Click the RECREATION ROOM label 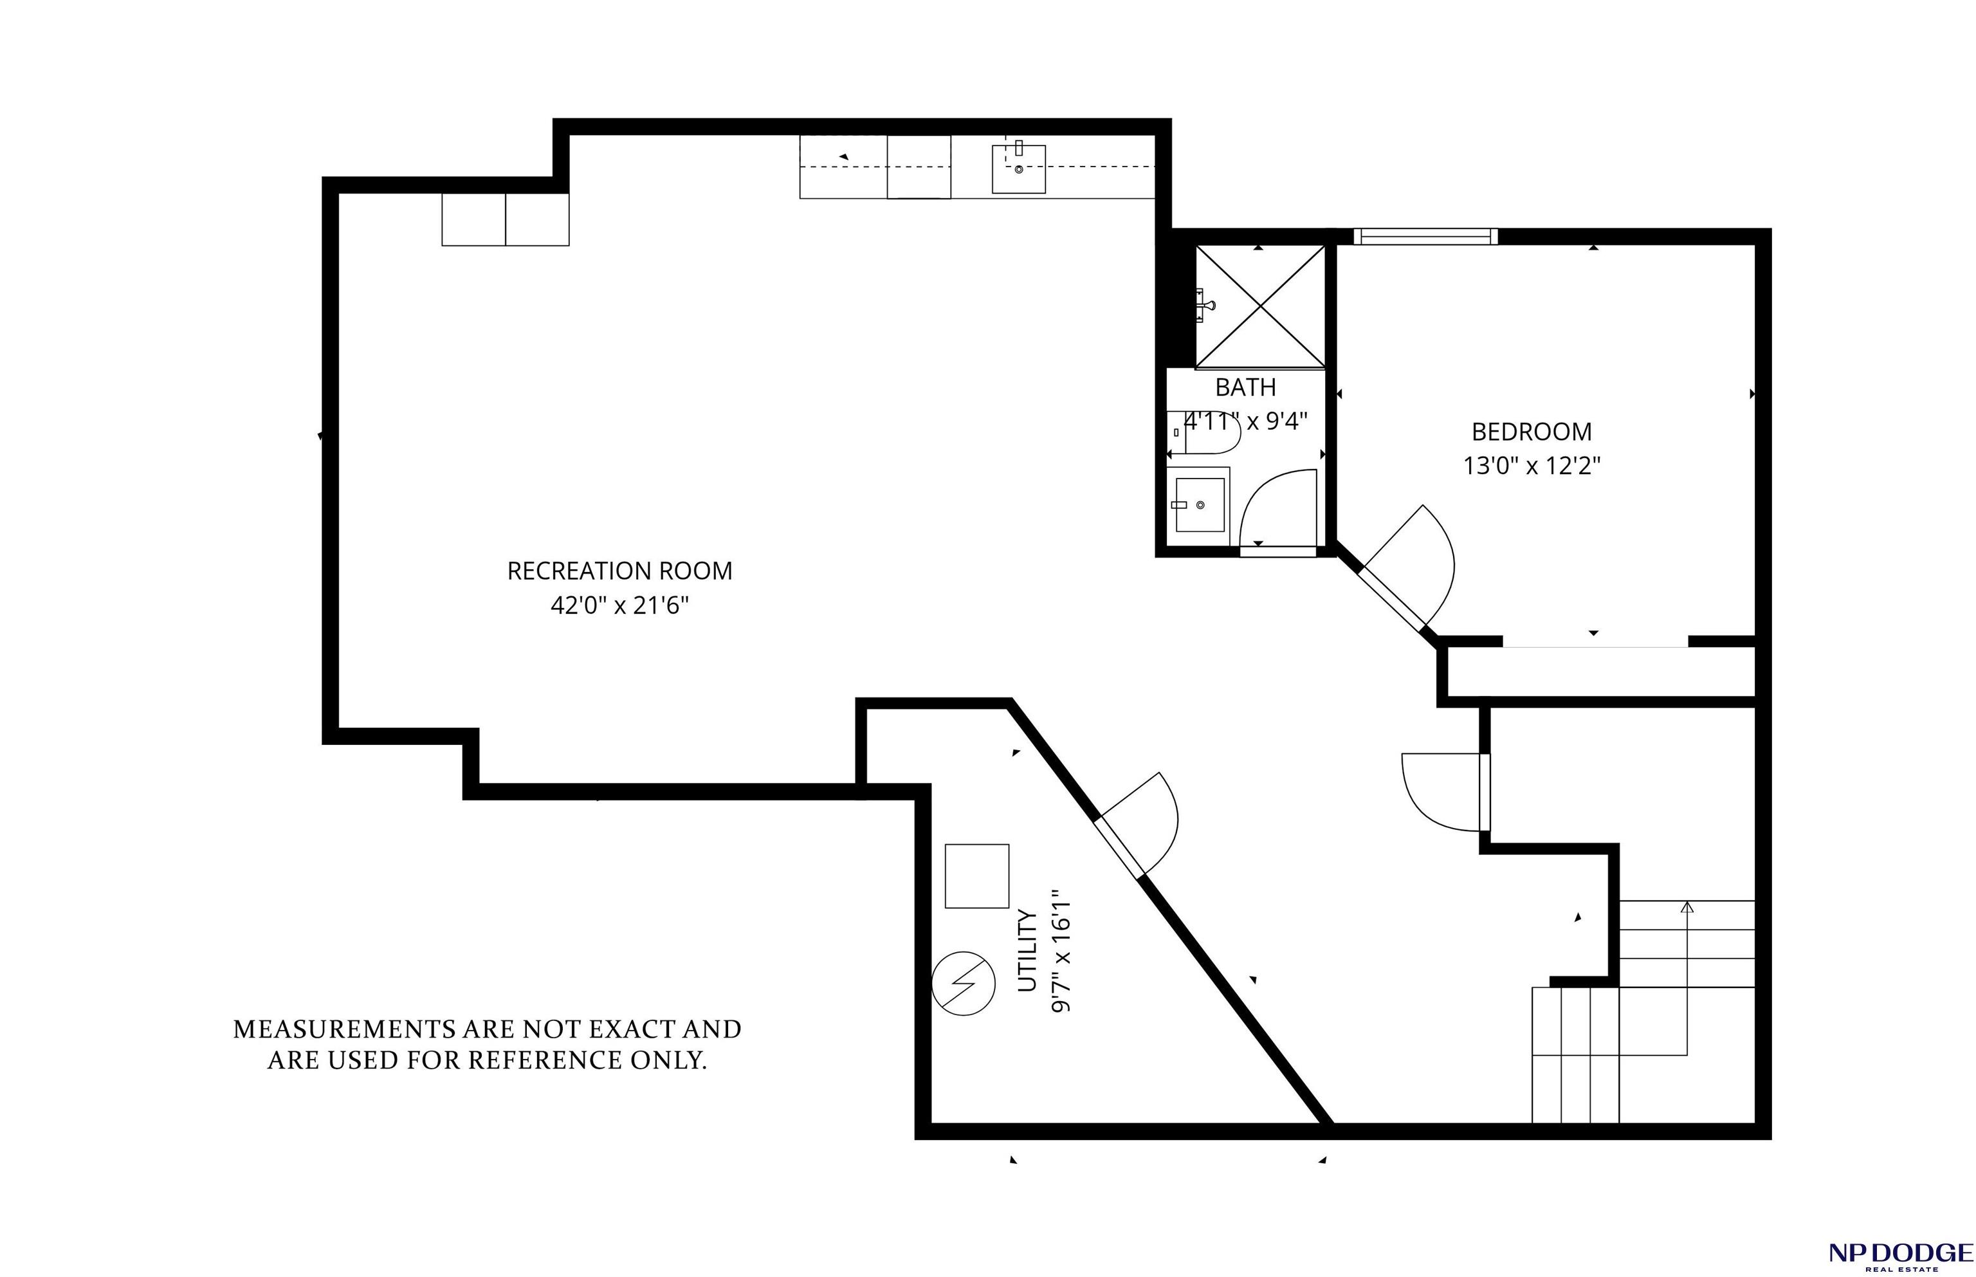(x=619, y=571)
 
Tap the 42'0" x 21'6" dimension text (x=619, y=606)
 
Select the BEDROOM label (x=1531, y=432)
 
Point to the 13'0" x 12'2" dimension (x=1531, y=466)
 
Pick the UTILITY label (x=1028, y=950)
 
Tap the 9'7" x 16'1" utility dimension (x=1061, y=951)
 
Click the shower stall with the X (x=1260, y=306)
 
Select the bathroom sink (x=1198, y=505)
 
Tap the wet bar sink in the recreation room (x=1019, y=169)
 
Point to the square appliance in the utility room (x=977, y=876)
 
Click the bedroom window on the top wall (x=1425, y=236)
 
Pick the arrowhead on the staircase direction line (x=1687, y=907)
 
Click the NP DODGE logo (x=1901, y=1254)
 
